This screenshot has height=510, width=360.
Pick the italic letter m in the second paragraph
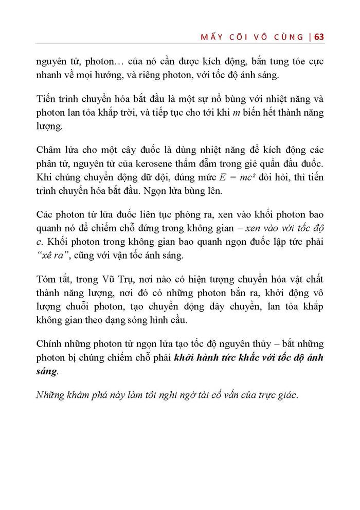point(235,112)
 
